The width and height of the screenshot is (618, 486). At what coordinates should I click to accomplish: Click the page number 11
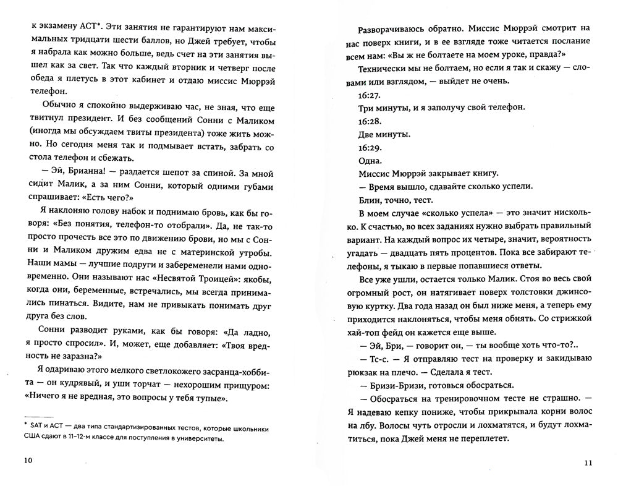coord(588,463)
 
